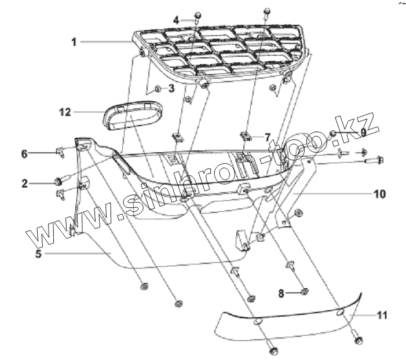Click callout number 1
pos(74,42)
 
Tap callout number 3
pos(171,89)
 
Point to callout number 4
pos(177,20)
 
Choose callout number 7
pos(268,138)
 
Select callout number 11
pos(381,315)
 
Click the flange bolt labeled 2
pos(59,181)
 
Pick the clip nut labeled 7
pos(248,137)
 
